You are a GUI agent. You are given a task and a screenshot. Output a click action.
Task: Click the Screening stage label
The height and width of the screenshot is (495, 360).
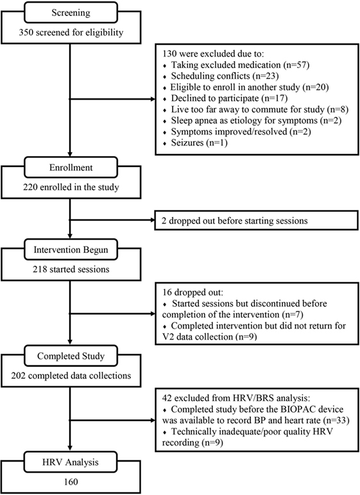(x=71, y=13)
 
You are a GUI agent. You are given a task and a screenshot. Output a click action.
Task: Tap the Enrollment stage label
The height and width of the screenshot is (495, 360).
(x=71, y=168)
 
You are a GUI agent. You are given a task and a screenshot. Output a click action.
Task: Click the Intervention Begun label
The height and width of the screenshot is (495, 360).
(x=71, y=250)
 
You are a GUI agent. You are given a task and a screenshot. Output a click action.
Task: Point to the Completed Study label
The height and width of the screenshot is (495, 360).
(x=71, y=356)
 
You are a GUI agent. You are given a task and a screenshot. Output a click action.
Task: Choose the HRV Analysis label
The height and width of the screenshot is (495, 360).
(x=71, y=462)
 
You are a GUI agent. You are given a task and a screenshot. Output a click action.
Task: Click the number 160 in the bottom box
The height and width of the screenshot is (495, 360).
(x=71, y=482)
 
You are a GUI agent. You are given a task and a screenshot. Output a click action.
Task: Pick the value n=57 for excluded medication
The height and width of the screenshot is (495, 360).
(x=296, y=65)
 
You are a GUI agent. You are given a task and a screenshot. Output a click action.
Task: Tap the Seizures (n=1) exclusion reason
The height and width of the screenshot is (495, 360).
(x=199, y=143)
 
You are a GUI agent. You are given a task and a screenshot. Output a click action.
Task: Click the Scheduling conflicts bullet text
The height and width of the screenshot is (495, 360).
(x=225, y=76)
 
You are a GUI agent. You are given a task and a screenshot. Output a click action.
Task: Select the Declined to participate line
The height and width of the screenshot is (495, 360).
(x=229, y=98)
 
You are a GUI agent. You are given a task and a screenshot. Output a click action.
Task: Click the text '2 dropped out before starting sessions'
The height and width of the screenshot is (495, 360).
(x=235, y=220)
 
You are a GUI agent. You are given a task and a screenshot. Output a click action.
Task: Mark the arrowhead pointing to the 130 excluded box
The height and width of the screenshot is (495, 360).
(x=153, y=99)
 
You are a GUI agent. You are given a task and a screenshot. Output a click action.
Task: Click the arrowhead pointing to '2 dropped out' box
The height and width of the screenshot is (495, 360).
(x=152, y=220)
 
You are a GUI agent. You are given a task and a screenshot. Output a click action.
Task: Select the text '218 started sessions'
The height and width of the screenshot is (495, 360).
(x=71, y=269)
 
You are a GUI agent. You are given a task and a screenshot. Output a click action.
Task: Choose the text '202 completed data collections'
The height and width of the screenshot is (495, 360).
(x=71, y=376)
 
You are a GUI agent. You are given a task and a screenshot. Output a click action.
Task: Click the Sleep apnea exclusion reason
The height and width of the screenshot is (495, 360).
(x=256, y=121)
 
